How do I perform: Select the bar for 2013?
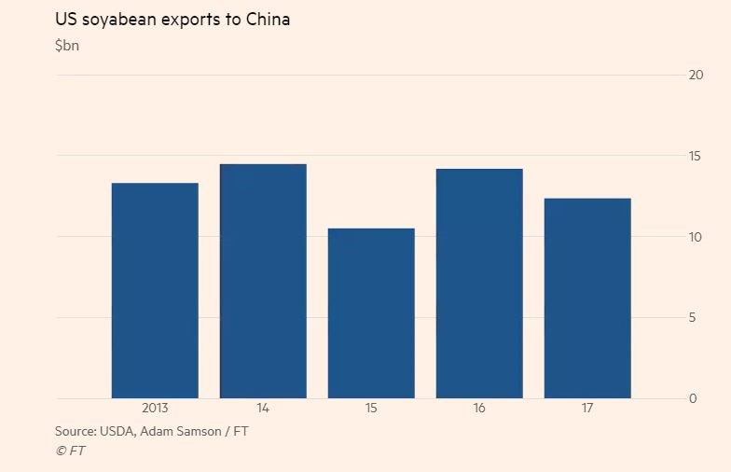point(155,290)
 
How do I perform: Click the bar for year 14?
point(263,281)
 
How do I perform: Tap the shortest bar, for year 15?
point(371,313)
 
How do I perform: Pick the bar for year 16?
point(479,284)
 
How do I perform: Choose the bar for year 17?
point(587,298)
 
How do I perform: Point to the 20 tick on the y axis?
point(695,76)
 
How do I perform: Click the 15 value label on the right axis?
point(695,156)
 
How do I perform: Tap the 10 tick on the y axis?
point(695,237)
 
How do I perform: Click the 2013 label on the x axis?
point(155,409)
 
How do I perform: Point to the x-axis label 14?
point(263,409)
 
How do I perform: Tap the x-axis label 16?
point(479,409)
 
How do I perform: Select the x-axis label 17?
point(587,409)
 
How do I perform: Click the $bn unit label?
point(67,46)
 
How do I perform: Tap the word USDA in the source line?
point(126,431)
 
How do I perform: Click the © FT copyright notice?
point(71,451)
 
